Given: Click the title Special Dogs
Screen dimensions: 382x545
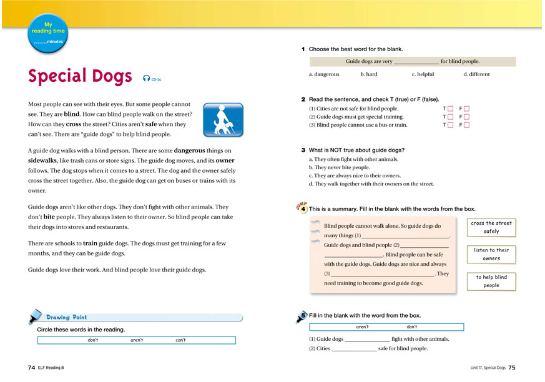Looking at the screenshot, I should point(80,77).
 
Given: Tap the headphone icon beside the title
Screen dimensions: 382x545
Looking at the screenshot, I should point(146,78).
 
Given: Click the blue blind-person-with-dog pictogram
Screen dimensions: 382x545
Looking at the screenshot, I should point(222,120).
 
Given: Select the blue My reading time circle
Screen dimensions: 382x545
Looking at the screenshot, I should point(48,32).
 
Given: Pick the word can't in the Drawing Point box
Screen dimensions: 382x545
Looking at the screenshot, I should point(180,340).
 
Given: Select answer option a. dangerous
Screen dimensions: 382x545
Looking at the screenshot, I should point(324,74).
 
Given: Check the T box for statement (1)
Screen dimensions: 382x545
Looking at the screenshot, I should point(450,109).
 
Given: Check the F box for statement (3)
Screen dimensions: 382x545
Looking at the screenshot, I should point(466,125).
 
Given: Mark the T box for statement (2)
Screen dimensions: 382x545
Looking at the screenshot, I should point(450,117).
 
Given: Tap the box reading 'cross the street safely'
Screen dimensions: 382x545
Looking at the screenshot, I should point(491,227).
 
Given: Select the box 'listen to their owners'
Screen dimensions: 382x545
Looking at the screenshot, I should point(491,254).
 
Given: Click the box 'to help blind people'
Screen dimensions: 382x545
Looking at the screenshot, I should point(491,281).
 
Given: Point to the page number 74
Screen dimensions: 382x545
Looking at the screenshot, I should point(31,368).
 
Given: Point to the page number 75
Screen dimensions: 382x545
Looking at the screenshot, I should point(512,368).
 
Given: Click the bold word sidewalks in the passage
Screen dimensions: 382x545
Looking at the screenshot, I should point(44,160).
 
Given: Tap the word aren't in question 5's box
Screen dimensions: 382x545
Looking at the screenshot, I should point(362,327).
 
